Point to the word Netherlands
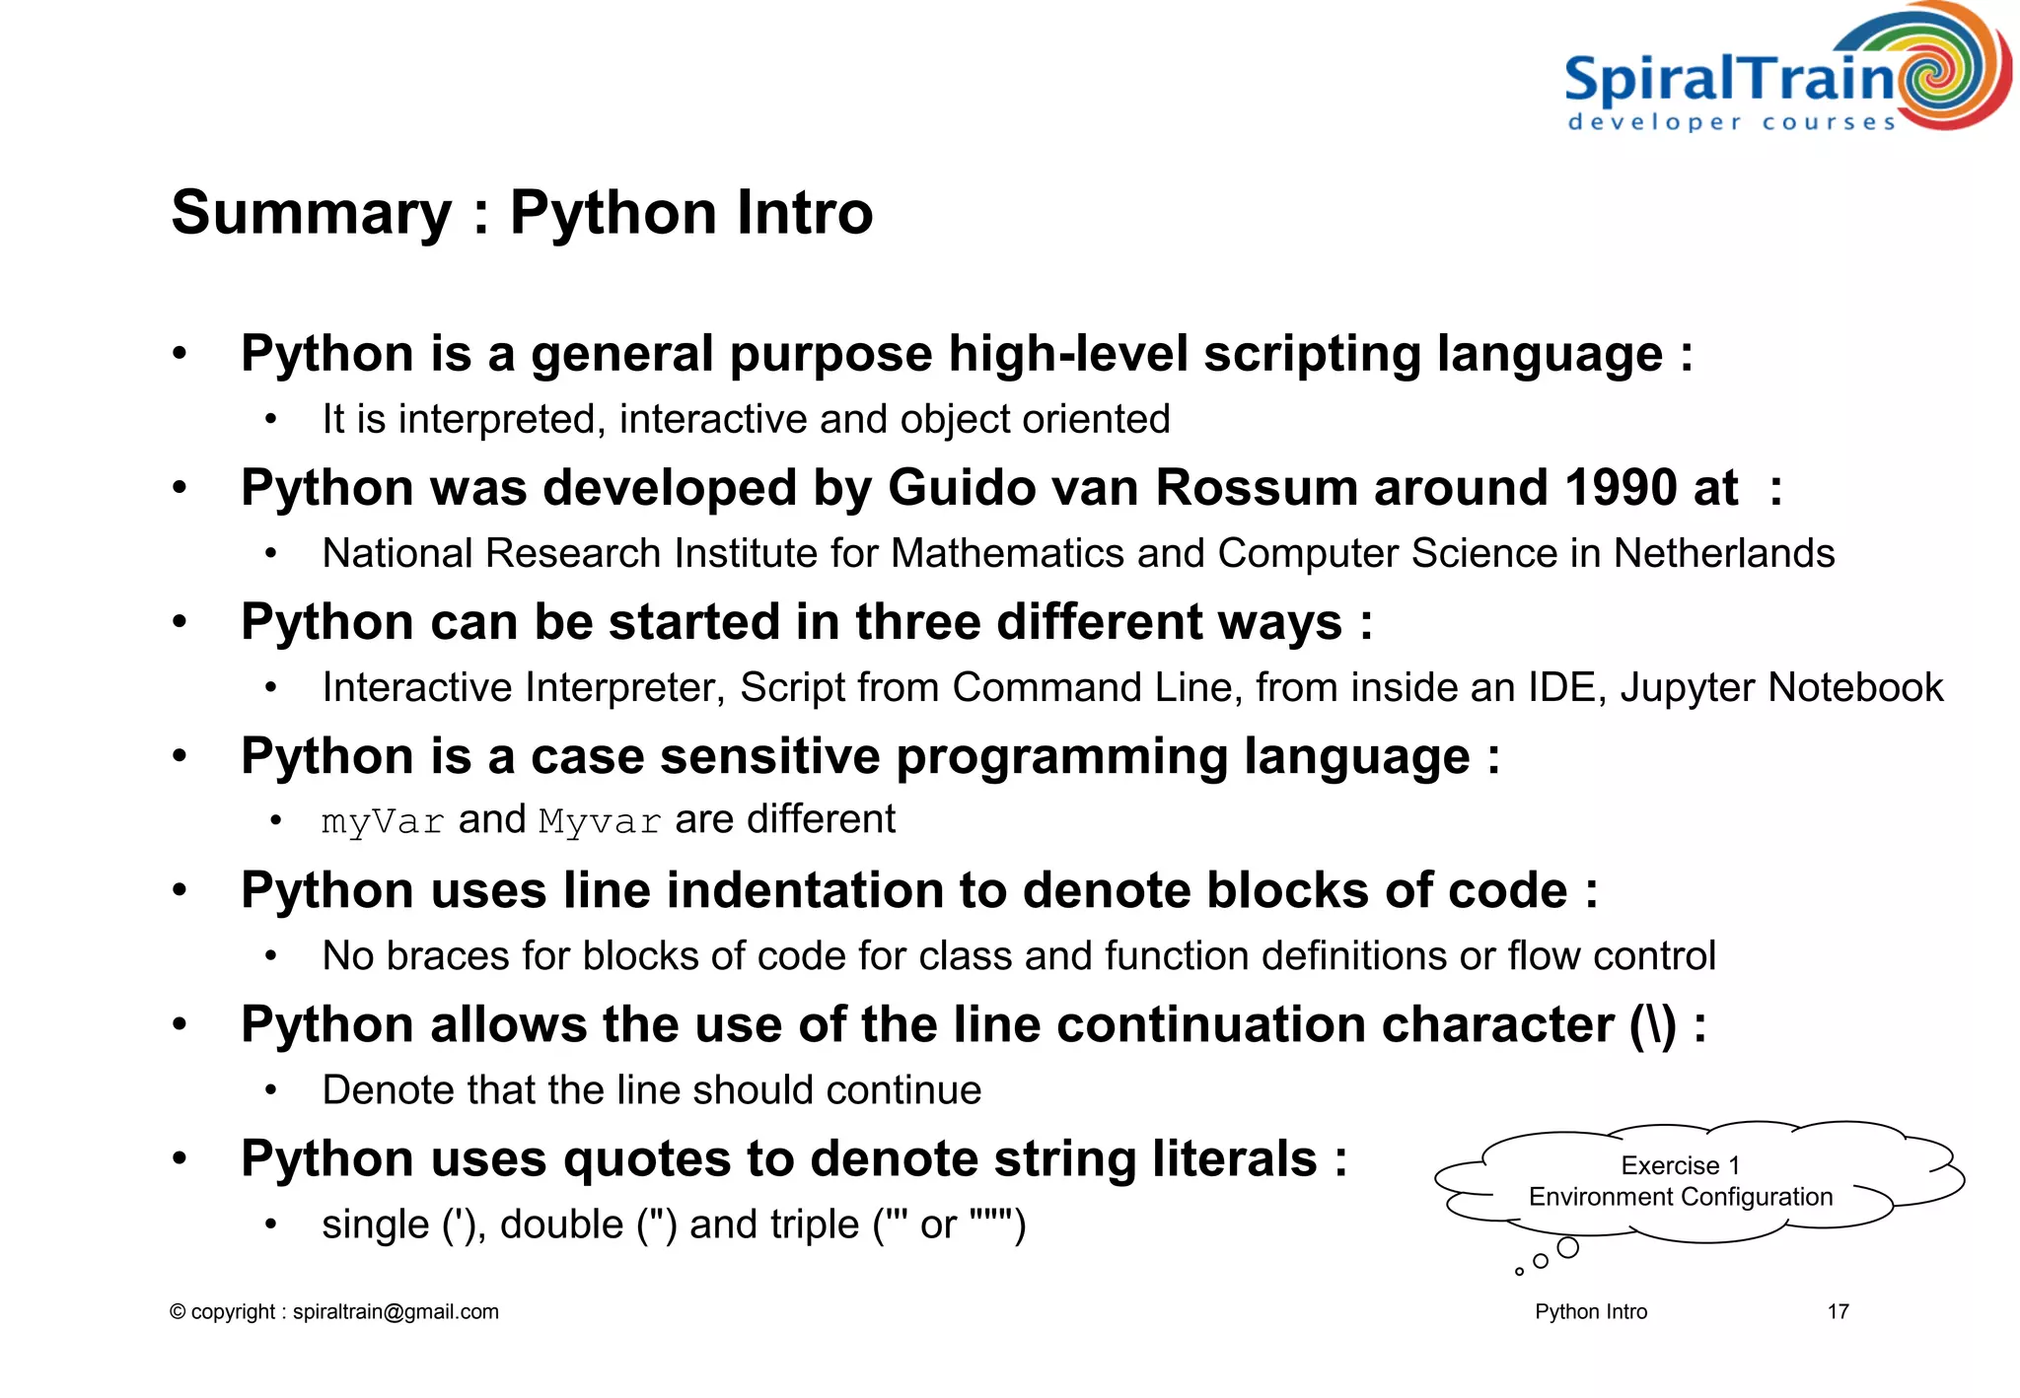[1724, 554]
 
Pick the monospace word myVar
[383, 821]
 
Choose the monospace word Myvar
[600, 821]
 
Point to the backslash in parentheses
[1653, 1025]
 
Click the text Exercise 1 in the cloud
[1680, 1166]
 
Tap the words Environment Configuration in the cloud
[1680, 1197]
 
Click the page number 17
[1838, 1312]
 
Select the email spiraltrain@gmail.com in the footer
[396, 1312]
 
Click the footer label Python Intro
[1591, 1312]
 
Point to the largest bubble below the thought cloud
[1567, 1248]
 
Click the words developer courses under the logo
[1731, 123]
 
